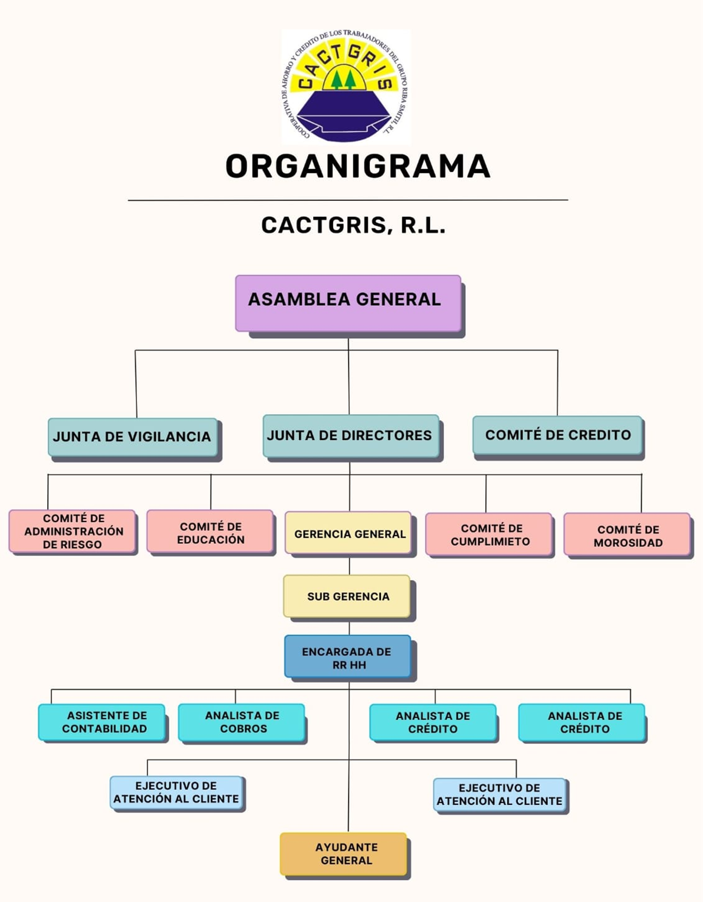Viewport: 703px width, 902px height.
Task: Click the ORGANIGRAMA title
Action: click(357, 166)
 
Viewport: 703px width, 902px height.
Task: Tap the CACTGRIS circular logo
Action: click(346, 86)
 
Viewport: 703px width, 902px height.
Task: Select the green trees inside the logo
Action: click(343, 80)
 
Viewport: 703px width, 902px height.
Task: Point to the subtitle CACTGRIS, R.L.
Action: click(353, 225)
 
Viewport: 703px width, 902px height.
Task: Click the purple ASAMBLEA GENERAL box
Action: click(348, 303)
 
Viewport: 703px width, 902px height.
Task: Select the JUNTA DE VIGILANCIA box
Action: click(133, 437)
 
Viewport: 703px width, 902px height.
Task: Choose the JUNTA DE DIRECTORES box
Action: click(350, 436)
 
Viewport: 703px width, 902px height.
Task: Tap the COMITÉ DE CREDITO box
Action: click(557, 435)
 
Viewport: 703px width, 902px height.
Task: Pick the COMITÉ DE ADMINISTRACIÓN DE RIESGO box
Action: click(73, 531)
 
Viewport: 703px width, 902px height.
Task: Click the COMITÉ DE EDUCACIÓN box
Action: click(210, 533)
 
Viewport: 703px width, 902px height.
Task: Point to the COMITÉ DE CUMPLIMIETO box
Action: click(489, 534)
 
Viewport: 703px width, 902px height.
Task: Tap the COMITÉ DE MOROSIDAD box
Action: click(628, 535)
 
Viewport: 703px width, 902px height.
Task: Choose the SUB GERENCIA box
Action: click(347, 596)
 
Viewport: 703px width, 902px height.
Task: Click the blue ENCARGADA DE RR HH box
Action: click(347, 657)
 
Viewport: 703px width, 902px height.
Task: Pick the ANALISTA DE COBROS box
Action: click(242, 722)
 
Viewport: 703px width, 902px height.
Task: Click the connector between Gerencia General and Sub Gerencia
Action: click(349, 566)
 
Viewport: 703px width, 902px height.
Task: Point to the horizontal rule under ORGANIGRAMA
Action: click(348, 200)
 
